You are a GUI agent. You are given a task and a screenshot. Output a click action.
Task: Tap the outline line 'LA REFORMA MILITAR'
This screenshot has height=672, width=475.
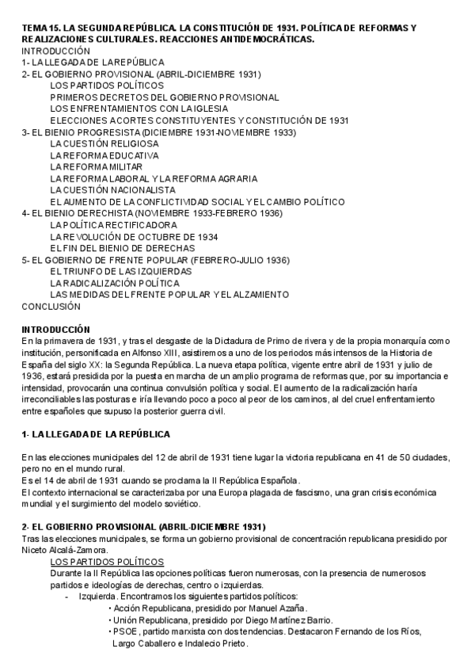point(96,167)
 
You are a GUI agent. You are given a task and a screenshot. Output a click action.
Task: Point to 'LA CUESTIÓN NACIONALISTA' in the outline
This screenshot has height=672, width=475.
point(112,190)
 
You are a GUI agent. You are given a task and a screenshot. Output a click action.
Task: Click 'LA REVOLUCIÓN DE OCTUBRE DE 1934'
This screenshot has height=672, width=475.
point(134,237)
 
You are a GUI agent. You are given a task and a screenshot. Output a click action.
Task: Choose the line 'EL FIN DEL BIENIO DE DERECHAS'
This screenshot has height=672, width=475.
point(123,248)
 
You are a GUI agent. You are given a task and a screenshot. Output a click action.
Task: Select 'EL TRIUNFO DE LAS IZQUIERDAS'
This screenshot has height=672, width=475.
point(121,271)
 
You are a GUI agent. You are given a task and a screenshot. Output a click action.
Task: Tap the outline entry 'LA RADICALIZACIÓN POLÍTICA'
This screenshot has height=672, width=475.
point(114,282)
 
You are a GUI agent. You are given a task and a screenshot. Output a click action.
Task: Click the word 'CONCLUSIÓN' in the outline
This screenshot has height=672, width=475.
point(51,306)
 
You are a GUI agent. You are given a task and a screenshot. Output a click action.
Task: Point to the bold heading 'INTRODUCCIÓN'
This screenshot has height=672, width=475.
point(55,329)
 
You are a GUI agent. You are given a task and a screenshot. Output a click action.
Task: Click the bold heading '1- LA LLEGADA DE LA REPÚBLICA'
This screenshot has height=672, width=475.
point(96,434)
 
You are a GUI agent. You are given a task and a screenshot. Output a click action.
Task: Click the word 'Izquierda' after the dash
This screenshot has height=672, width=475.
point(97,596)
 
